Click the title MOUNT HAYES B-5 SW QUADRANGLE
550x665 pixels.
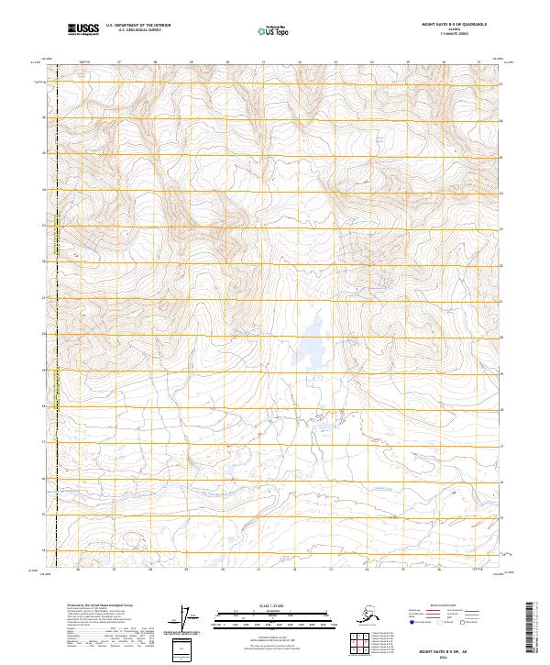coord(453,27)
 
